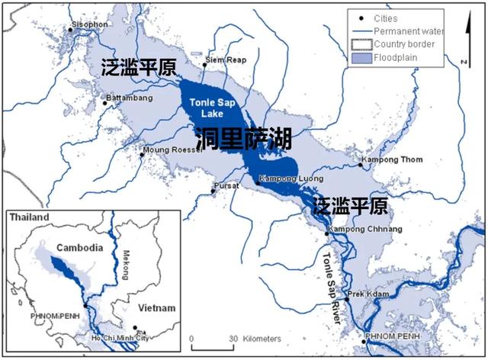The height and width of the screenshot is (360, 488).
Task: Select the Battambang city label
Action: tap(130, 99)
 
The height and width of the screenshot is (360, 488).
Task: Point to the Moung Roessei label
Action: tap(175, 150)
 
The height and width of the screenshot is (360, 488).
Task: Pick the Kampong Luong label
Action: tap(288, 178)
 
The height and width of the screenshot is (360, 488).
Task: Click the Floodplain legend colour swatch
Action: tap(358, 56)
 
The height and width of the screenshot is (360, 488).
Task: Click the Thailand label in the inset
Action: tap(29, 218)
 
